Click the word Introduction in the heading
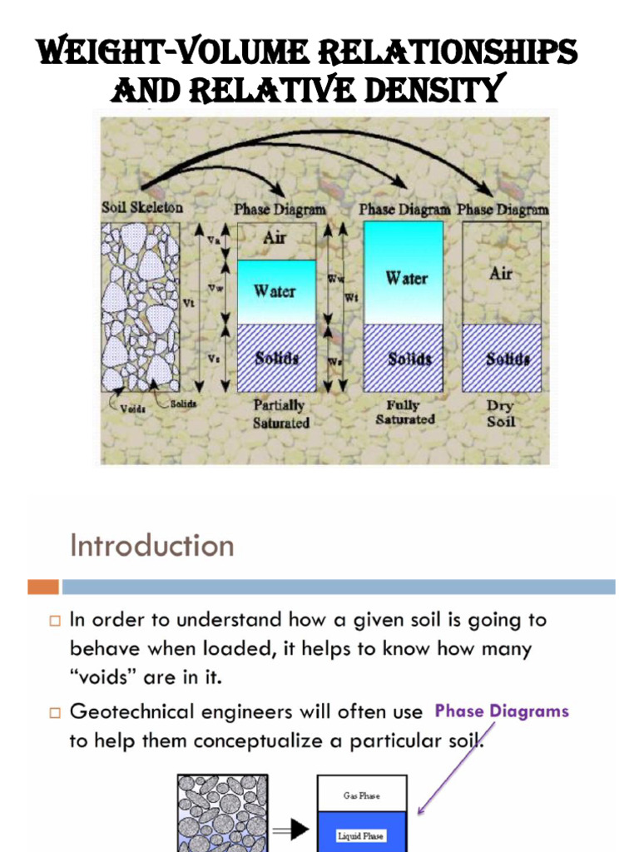coord(151,546)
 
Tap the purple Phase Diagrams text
coord(502,711)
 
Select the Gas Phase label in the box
coord(361,795)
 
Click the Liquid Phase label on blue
coord(361,835)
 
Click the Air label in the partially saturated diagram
coord(275,238)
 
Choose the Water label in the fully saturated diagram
coord(405,279)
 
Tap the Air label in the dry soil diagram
coord(501,273)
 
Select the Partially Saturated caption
coord(280,414)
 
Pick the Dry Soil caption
coord(501,414)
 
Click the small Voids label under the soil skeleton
coord(133,408)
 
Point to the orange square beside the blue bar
coord(43,587)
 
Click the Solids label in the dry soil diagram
coord(501,359)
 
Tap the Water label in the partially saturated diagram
coord(275,291)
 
